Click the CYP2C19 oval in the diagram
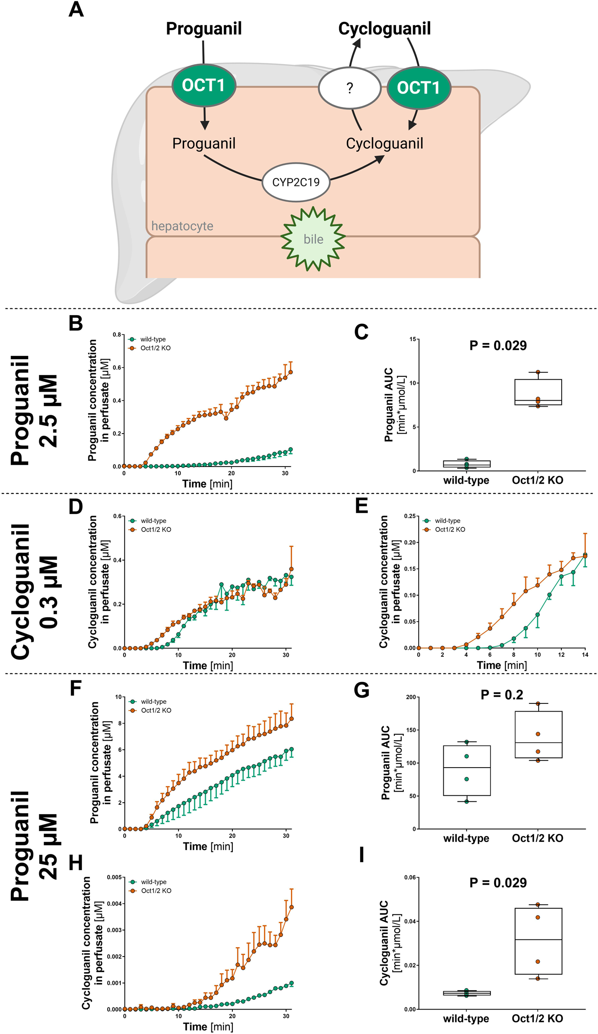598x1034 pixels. [296, 182]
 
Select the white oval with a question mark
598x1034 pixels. [349, 88]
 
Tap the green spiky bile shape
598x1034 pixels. [313, 239]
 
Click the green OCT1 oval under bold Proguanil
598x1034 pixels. [203, 85]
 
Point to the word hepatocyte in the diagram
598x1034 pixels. [182, 226]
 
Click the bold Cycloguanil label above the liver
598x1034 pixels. [384, 29]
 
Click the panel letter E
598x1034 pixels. [361, 506]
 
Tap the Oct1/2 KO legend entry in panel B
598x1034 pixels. [155, 348]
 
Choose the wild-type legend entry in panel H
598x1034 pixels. [153, 882]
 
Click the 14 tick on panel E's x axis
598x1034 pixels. [585, 655]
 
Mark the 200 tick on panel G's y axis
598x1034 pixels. [411, 697]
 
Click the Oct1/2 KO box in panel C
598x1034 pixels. [538, 392]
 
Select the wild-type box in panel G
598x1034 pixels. [466, 770]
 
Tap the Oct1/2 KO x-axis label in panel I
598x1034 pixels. [537, 1019]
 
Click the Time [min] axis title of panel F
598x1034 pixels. [208, 846]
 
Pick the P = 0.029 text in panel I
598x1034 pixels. [498, 883]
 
